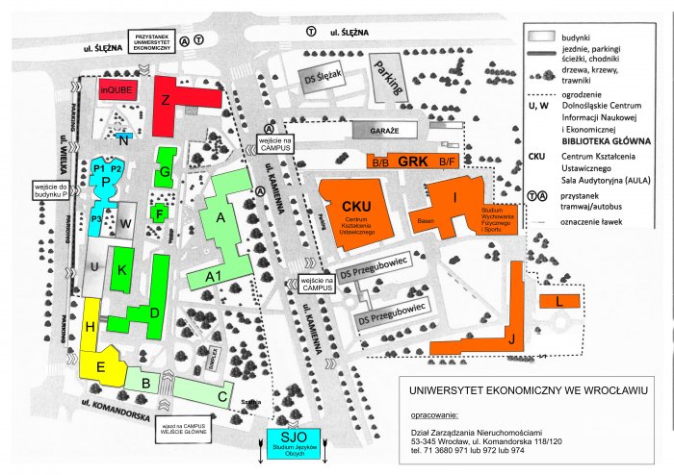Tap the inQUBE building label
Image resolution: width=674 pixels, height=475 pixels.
click(x=116, y=89)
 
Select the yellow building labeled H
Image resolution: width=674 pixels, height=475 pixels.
click(x=90, y=328)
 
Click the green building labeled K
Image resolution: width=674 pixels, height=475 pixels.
click(x=121, y=269)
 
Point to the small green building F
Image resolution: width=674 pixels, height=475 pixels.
click(x=159, y=212)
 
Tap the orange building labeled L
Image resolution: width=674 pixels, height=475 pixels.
click(x=559, y=302)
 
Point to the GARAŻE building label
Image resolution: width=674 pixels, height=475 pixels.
click(x=382, y=130)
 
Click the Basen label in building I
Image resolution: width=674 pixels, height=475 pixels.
click(x=427, y=220)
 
